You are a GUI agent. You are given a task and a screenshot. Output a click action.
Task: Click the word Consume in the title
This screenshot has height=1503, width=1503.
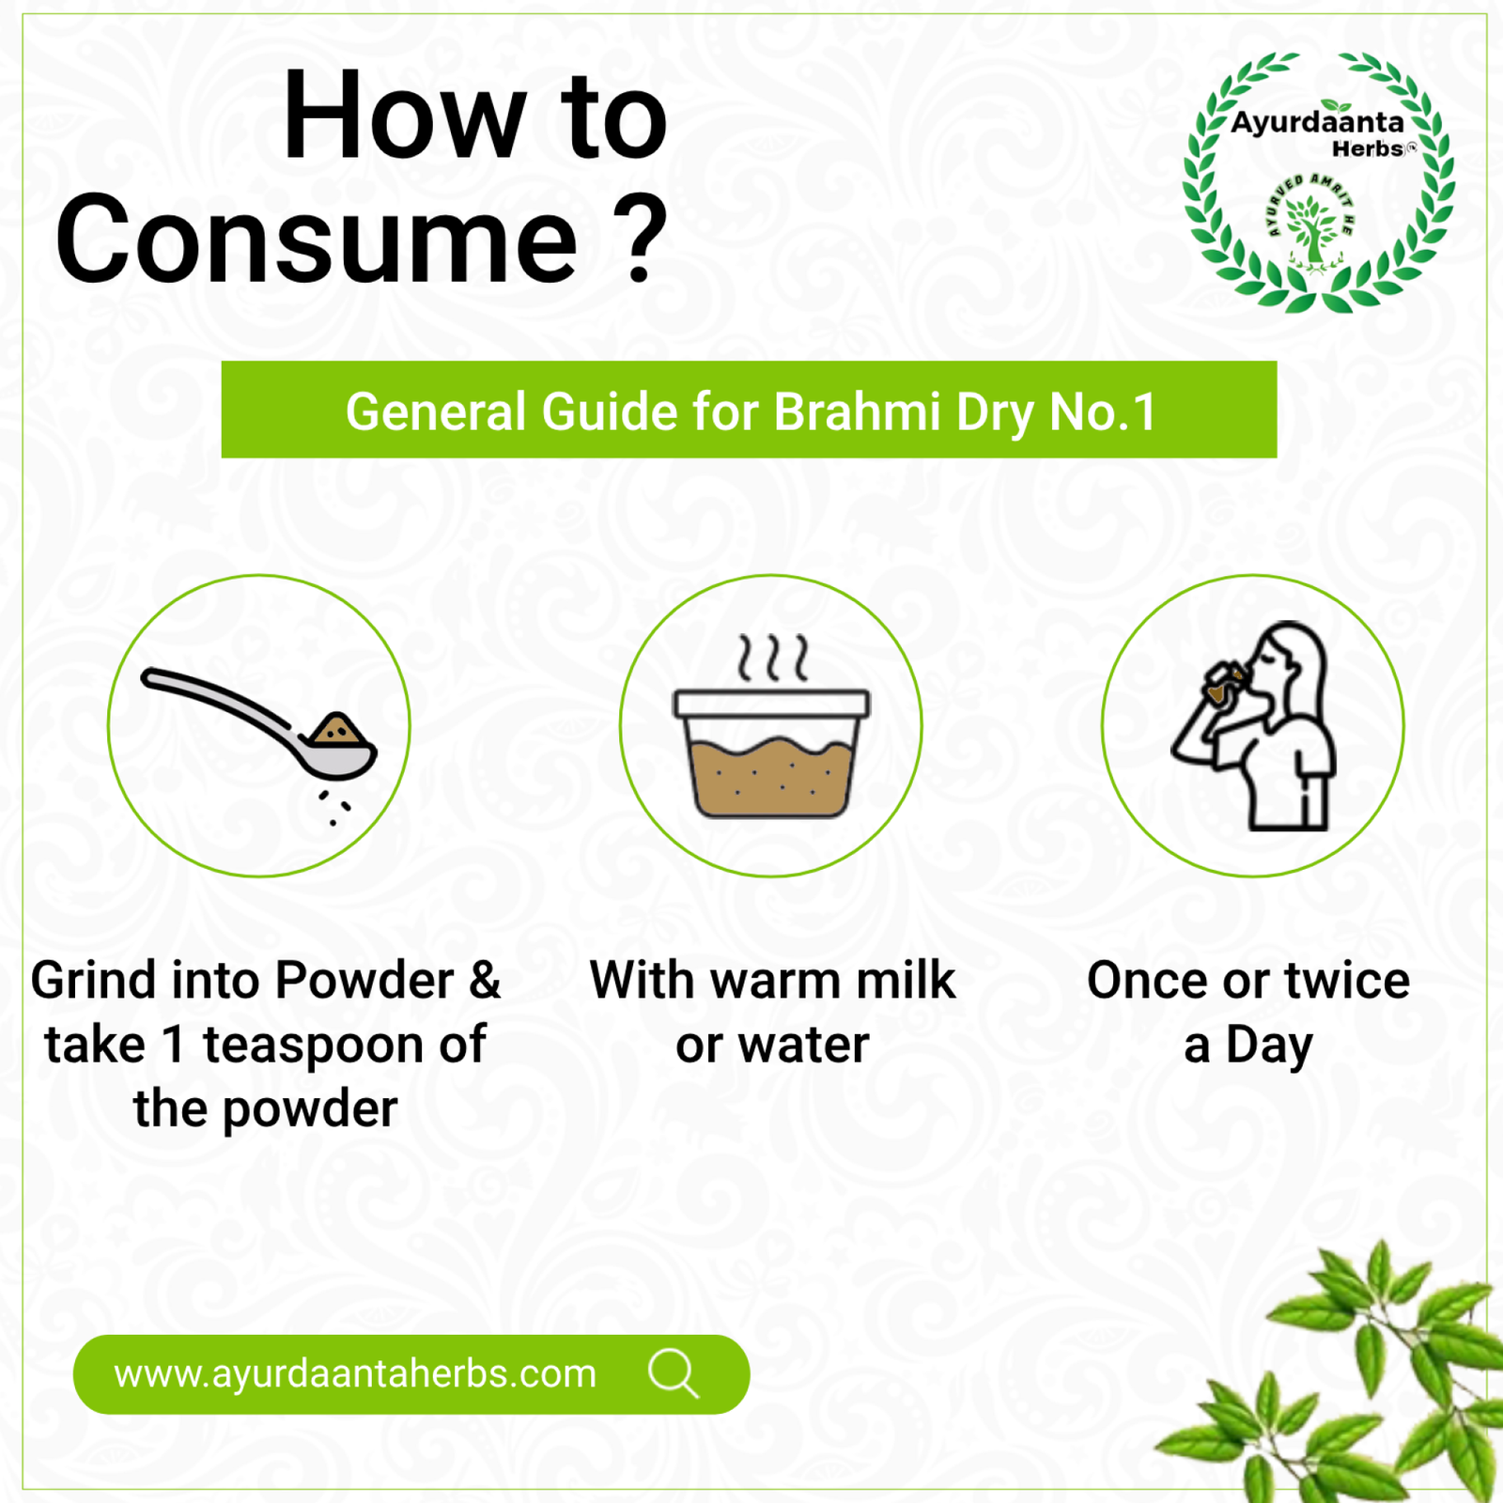coord(317,239)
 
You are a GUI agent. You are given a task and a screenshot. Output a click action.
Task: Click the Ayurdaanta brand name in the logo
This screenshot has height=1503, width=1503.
coord(1317,123)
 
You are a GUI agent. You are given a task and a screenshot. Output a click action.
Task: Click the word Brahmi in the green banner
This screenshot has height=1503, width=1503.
coord(857,411)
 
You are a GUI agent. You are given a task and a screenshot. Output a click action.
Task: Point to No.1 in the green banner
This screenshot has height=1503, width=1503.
coord(1103,411)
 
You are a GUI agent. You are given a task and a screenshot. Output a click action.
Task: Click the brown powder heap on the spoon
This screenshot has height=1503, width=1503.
coord(337,730)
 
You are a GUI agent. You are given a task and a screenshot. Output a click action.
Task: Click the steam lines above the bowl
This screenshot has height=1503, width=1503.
coord(772,658)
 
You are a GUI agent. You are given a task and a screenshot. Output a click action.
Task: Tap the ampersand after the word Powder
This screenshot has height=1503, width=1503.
coord(485,980)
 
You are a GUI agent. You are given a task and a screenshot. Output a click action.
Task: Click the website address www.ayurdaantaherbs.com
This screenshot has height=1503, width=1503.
coord(355,1374)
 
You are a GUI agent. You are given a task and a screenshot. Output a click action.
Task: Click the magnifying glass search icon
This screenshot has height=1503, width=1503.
coord(674,1374)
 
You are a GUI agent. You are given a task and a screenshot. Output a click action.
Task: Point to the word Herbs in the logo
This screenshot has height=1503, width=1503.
coord(1368,149)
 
